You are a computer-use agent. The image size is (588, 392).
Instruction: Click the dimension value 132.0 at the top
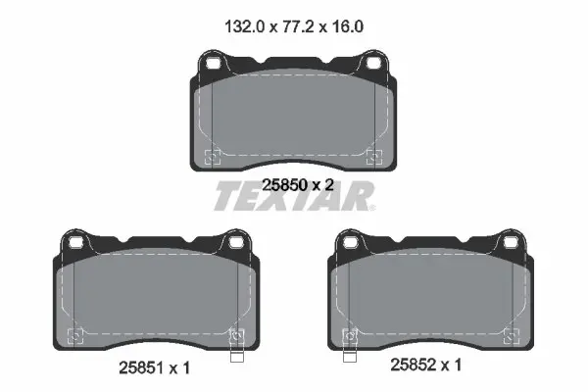[244, 27]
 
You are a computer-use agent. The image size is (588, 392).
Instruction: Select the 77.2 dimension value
[297, 27]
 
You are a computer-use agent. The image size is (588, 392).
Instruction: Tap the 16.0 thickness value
[347, 27]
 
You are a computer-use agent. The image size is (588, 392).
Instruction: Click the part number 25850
[285, 185]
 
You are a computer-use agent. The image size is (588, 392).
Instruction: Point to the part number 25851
[142, 368]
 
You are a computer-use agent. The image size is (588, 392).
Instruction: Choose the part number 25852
[414, 365]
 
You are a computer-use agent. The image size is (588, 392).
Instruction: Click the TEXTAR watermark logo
[294, 196]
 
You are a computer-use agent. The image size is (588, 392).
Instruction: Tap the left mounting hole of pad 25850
[213, 64]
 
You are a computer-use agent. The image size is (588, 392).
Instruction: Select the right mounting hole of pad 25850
[373, 64]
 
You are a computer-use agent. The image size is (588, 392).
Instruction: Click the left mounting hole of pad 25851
[75, 243]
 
